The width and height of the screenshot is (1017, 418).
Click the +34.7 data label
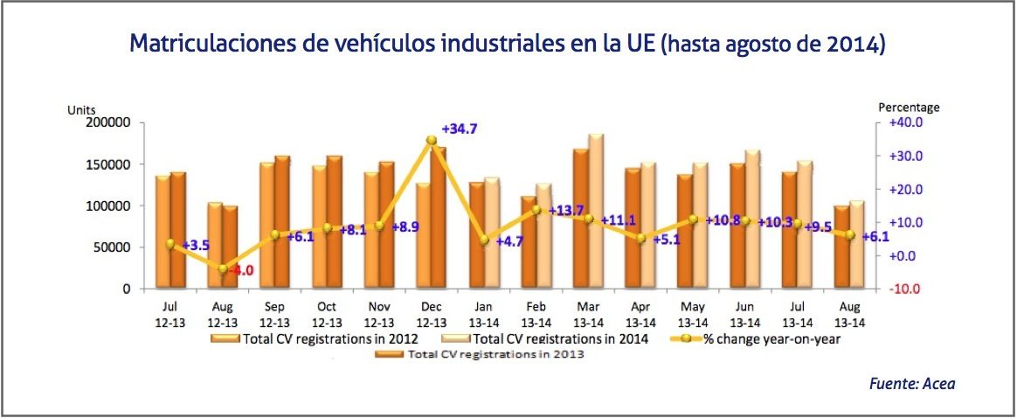460,129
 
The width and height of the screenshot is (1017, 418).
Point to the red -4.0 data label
240,270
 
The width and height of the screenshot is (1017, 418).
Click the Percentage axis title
909,108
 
